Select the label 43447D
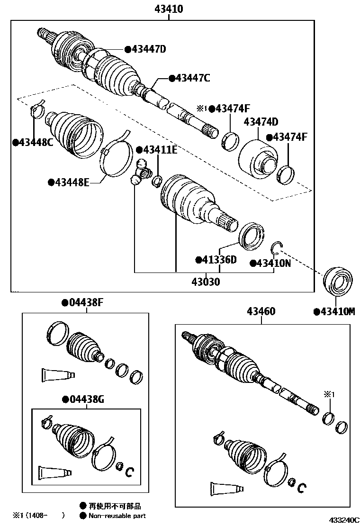coord(148,49)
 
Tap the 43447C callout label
coord(192,78)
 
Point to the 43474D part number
coord(261,122)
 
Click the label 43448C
coord(33,142)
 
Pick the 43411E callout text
coord(159,150)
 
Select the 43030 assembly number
coord(206,282)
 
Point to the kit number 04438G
coord(83,400)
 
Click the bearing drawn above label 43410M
coord(337,282)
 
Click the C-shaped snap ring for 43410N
coord(278,247)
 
